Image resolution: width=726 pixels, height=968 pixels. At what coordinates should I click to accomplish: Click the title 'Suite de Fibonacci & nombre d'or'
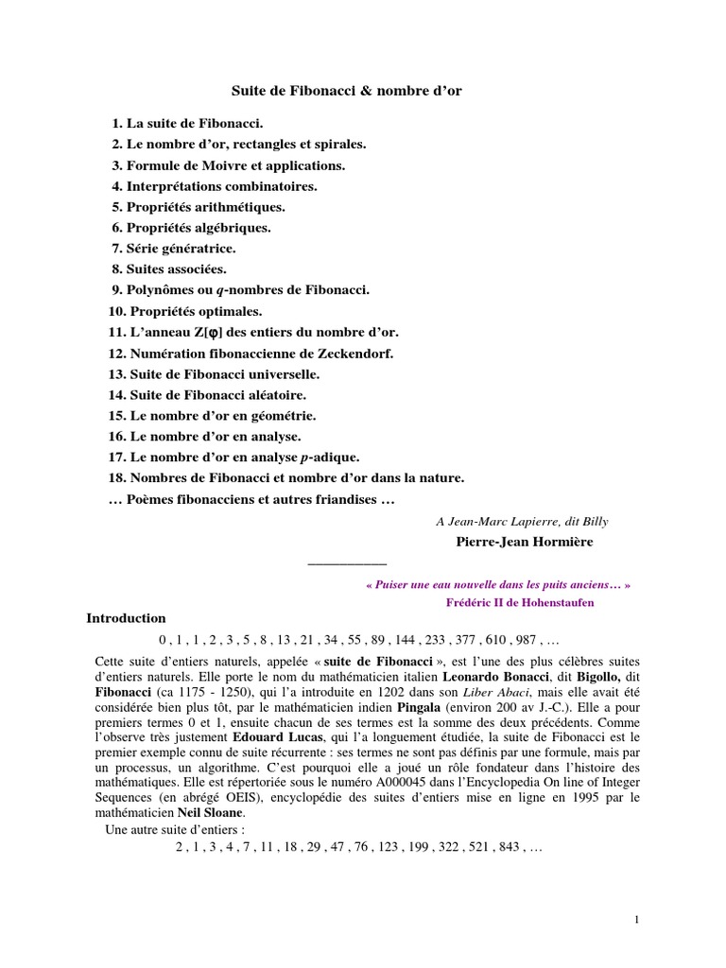coord(347,91)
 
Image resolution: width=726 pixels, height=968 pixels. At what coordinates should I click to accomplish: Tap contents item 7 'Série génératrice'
coord(173,248)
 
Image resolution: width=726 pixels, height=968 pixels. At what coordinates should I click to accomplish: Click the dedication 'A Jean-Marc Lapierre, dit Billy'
coord(522,521)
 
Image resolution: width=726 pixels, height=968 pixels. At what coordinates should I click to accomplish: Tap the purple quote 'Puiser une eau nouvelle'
coord(497,584)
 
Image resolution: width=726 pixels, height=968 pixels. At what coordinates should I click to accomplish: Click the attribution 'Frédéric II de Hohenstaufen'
coord(519,602)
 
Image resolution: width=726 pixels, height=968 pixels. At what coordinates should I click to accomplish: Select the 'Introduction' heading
coord(126,618)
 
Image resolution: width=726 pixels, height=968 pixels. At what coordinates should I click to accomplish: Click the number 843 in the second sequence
coord(509,848)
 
